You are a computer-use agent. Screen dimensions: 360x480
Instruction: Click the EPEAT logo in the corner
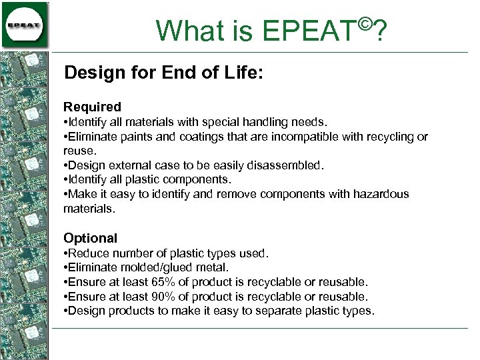coord(25,25)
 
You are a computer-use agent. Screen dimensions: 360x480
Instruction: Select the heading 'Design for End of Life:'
coord(163,73)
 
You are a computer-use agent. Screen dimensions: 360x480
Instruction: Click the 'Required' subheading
coord(92,107)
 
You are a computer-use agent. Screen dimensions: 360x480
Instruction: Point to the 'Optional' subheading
coord(90,238)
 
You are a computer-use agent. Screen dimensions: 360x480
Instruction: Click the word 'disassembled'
coord(289,165)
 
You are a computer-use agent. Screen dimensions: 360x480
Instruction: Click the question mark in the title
coord(381,31)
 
